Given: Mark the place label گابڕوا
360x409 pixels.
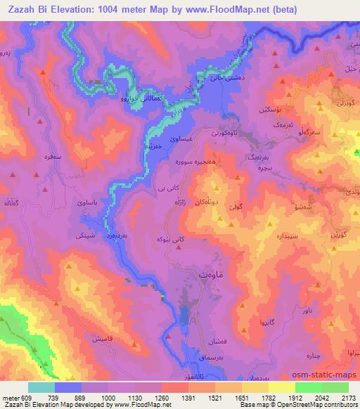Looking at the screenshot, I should pos(263,323).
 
